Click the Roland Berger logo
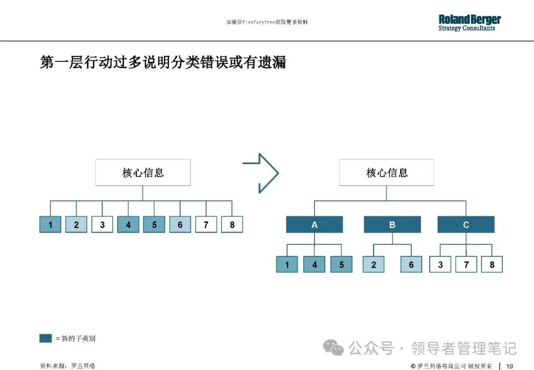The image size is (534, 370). pos(469,23)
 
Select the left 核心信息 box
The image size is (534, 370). pos(143,173)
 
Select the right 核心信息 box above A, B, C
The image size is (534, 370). pos(387,173)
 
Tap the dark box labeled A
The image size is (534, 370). pos(314,225)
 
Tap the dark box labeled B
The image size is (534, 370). pos(392,225)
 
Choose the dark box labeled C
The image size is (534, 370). pos(466,225)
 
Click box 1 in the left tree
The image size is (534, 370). pos(50,225)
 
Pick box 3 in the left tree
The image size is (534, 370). pos(102,225)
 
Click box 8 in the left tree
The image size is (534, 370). pos(232,225)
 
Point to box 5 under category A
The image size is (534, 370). pos(342,265)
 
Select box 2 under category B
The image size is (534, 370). pos(373,265)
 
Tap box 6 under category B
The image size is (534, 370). pos(411,265)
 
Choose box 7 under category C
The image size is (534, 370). pos(466,265)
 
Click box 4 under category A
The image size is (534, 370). pos(314,265)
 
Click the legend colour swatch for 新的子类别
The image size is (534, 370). pos(45,338)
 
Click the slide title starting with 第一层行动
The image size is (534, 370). pos(163,63)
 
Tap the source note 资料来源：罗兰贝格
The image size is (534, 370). pos(67,366)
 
